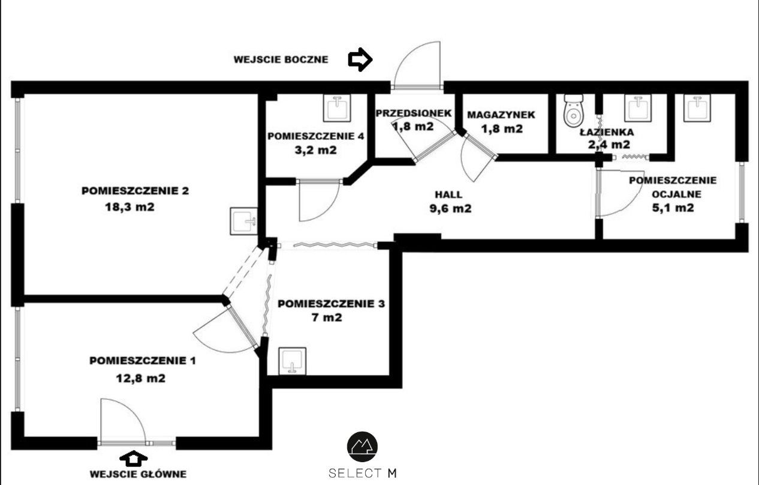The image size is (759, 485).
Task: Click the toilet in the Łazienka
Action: [x=573, y=111]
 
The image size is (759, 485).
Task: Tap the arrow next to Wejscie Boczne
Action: [x=360, y=59]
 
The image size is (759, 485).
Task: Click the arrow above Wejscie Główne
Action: [x=134, y=458]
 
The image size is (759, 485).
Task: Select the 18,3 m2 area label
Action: [x=129, y=206]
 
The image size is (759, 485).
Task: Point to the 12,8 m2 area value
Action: [x=141, y=378]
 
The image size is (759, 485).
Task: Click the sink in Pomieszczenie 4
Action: [x=337, y=108]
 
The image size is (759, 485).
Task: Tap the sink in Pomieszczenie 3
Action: [x=293, y=361]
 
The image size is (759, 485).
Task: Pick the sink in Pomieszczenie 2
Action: [x=243, y=221]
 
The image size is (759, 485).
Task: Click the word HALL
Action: [x=448, y=194]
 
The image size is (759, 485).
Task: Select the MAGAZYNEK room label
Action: [x=501, y=115]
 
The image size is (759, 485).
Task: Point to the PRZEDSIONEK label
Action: [x=414, y=113]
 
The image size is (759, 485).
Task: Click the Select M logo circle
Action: [x=362, y=447]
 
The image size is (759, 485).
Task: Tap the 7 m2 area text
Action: [x=327, y=318]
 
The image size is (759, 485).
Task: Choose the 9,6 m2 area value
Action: [x=451, y=208]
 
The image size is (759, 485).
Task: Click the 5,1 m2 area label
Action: [x=673, y=208]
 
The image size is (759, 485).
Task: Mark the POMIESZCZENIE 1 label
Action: [x=143, y=361]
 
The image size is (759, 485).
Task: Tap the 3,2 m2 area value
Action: [x=316, y=150]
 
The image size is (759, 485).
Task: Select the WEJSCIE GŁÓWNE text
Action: [x=138, y=474]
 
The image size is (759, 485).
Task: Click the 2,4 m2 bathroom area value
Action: [x=609, y=145]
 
